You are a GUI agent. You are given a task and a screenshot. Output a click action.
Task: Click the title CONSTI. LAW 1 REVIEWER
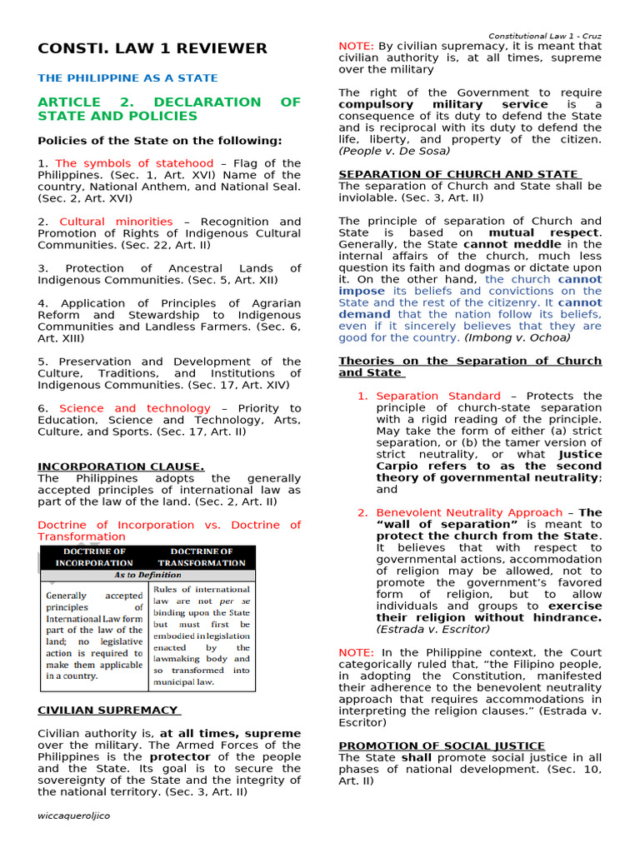click(x=152, y=48)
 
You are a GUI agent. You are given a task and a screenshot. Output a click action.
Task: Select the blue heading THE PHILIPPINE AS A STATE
click(x=127, y=78)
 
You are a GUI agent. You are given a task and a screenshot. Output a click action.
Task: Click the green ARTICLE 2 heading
click(x=168, y=109)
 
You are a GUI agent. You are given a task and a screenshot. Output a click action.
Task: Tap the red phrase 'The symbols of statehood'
click(x=134, y=164)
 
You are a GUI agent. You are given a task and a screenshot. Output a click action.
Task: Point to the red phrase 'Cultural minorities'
click(x=116, y=222)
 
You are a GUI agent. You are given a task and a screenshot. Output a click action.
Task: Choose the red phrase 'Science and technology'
click(x=135, y=409)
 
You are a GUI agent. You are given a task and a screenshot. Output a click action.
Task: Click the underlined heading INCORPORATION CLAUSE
click(x=121, y=467)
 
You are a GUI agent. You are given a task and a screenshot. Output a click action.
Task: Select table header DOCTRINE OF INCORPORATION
click(x=94, y=557)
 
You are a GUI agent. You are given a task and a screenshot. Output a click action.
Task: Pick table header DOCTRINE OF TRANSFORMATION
click(x=202, y=557)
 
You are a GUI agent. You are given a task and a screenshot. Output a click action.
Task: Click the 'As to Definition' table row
click(x=147, y=576)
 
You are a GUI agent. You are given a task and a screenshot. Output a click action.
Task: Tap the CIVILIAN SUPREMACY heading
click(x=108, y=711)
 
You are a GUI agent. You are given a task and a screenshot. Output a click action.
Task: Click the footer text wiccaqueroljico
click(x=73, y=816)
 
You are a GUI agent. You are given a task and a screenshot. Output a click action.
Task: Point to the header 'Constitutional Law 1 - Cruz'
click(x=544, y=37)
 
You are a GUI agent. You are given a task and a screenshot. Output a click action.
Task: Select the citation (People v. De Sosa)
click(x=394, y=152)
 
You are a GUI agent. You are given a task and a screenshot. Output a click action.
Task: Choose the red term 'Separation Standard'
click(x=438, y=397)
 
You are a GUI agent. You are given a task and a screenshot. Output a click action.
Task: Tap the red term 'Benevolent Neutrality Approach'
click(x=469, y=513)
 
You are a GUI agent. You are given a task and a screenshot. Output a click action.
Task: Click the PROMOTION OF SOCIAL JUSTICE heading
click(x=442, y=746)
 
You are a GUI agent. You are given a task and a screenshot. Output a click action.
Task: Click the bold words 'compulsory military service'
click(x=442, y=105)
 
